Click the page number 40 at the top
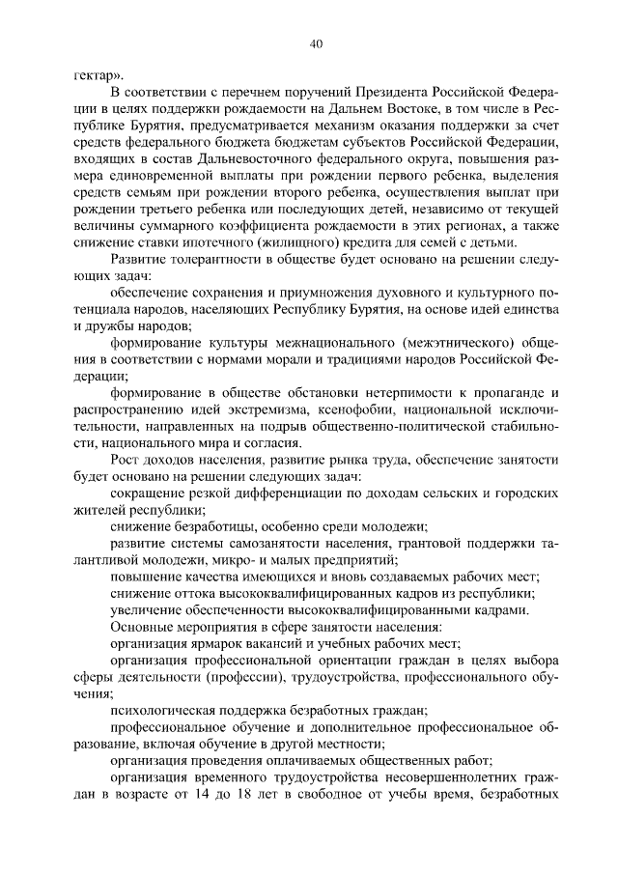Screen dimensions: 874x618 coord(316,42)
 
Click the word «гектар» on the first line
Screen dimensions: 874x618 coord(97,73)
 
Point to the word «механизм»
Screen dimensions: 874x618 coord(361,127)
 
